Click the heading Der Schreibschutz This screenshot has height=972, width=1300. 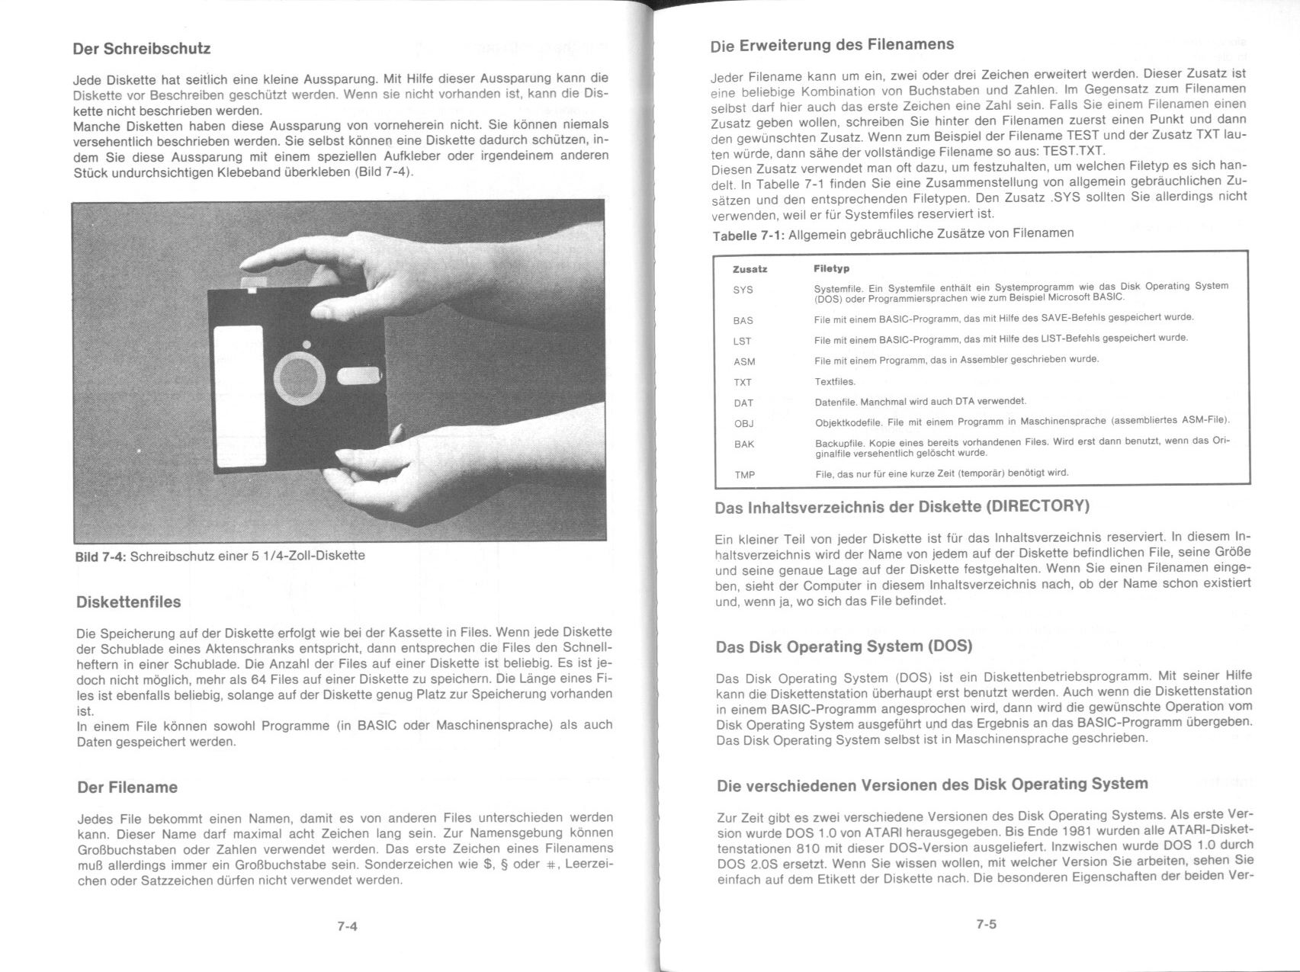(141, 49)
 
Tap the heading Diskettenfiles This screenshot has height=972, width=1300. (129, 602)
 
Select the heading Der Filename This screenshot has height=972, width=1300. (127, 788)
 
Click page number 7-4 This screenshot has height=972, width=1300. (347, 927)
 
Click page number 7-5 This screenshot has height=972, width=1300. (986, 925)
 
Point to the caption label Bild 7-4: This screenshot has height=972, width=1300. (101, 556)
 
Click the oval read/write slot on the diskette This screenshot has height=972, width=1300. (357, 376)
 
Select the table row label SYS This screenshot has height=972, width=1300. (743, 290)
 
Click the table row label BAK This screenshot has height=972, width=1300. (743, 444)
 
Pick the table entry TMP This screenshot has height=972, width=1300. (744, 475)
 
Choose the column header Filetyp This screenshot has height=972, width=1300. (831, 269)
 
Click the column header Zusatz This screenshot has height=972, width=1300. (750, 269)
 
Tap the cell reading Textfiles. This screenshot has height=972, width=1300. (835, 382)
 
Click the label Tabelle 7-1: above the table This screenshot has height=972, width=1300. (748, 235)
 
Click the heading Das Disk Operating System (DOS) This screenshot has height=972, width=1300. (843, 647)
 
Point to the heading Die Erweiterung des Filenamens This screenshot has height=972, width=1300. (832, 45)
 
